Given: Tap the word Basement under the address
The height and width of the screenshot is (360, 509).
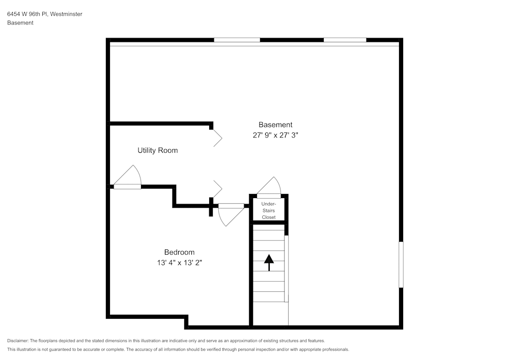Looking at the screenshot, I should pyautogui.click(x=20, y=23).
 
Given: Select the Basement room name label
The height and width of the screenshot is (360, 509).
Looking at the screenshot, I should pyautogui.click(x=275, y=125).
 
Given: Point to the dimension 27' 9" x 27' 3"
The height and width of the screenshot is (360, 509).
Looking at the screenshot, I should pyautogui.click(x=275, y=135).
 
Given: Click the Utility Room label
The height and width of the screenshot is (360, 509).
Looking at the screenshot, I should pyautogui.click(x=157, y=151).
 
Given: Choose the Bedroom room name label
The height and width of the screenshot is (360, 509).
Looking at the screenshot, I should pyautogui.click(x=179, y=252).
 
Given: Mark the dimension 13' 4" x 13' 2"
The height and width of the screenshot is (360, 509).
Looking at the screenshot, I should pyautogui.click(x=179, y=263).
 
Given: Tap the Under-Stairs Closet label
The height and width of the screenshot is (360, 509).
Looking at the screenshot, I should pyautogui.click(x=269, y=210).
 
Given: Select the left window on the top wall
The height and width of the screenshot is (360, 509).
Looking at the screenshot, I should pyautogui.click(x=237, y=40).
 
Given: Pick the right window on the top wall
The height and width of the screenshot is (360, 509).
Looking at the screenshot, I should pyautogui.click(x=345, y=40).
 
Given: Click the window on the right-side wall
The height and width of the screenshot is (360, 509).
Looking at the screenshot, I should pyautogui.click(x=401, y=265).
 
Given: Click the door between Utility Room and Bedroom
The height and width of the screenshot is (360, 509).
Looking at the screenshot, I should pyautogui.click(x=127, y=178).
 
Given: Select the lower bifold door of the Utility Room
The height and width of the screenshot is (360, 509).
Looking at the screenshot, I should pyautogui.click(x=217, y=189).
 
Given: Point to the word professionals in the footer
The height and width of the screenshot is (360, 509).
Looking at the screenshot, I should pyautogui.click(x=334, y=350).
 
